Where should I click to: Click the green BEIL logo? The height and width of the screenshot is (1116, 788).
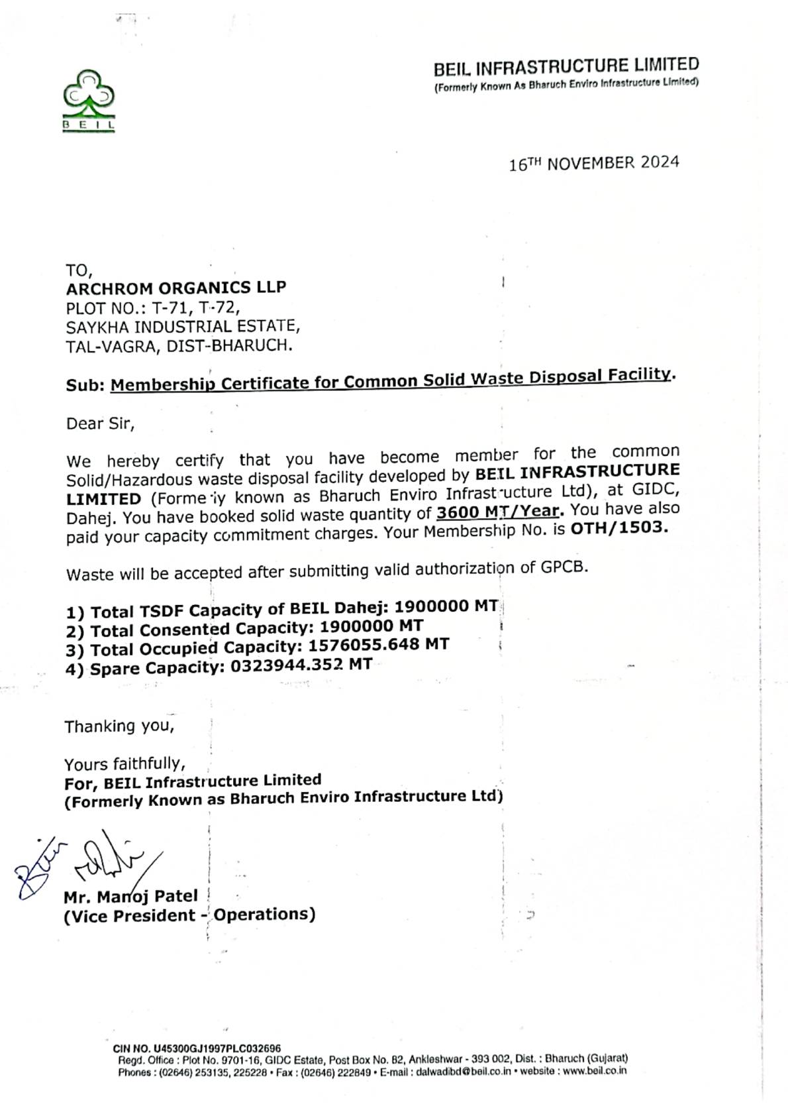(89, 101)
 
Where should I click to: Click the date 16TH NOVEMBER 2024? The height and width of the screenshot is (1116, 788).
(593, 163)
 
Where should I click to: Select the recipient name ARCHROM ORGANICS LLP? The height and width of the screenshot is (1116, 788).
(176, 288)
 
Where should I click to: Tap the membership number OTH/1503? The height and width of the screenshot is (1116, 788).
(619, 528)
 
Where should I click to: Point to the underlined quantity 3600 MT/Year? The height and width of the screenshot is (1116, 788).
(497, 512)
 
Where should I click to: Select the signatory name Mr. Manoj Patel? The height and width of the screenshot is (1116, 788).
(130, 897)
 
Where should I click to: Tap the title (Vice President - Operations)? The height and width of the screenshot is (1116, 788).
(189, 915)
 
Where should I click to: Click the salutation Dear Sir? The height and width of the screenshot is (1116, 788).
(100, 423)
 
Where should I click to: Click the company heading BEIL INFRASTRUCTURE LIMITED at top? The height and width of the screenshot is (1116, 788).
(566, 67)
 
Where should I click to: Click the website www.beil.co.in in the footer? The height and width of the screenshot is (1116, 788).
(594, 1070)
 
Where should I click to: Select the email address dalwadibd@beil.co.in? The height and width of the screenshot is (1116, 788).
(463, 1071)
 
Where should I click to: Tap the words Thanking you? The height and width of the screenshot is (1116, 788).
(119, 726)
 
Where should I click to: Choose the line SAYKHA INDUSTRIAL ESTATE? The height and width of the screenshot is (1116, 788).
(183, 327)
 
